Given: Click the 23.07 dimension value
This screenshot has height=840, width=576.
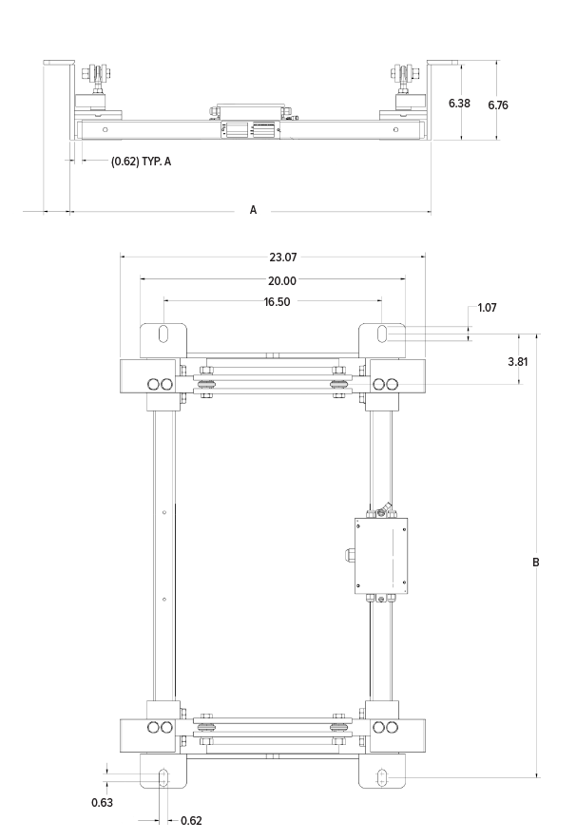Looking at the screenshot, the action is [x=283, y=258].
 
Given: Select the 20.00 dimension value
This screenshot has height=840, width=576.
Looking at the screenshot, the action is [x=282, y=280].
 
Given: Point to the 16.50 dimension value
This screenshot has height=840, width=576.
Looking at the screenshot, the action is [x=277, y=302].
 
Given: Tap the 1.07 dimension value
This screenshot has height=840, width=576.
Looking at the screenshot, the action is [x=487, y=308].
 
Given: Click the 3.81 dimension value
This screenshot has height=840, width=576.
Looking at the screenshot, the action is [x=518, y=362].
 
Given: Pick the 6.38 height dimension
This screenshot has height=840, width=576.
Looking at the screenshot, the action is [x=459, y=104].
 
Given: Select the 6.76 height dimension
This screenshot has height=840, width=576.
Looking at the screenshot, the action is [x=498, y=105].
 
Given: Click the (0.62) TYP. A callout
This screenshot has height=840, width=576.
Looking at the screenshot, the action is [x=141, y=162].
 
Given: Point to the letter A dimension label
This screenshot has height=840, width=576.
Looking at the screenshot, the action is [x=254, y=210].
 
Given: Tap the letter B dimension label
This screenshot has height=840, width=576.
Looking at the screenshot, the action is [x=536, y=563].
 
